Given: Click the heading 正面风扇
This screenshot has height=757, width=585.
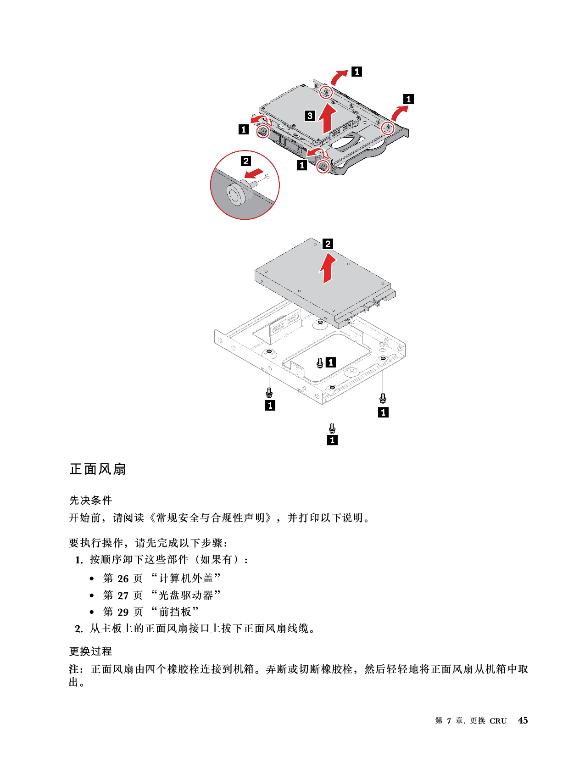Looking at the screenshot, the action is tap(98, 469).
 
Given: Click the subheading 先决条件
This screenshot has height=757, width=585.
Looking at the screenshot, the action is tap(90, 500).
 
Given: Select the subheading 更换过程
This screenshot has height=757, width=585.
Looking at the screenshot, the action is tap(90, 651).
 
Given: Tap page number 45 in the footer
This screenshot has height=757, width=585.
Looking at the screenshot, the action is tap(523, 720).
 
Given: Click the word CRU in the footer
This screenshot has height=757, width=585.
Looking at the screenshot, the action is tap(498, 721).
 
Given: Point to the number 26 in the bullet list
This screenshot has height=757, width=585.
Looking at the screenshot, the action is tap(123, 579).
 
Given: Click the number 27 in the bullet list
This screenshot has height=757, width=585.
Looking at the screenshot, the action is tap(123, 596).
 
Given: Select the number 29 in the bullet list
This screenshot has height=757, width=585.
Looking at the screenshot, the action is tap(123, 612).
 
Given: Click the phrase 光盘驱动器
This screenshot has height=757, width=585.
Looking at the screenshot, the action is tap(186, 595).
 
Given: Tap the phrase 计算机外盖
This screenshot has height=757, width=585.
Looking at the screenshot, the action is tap(186, 578).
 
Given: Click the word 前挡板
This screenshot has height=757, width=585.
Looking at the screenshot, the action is tap(175, 612).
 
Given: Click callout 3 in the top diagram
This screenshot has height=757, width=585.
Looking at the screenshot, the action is tap(310, 116).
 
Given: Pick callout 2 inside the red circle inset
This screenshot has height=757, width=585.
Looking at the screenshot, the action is tap(245, 161).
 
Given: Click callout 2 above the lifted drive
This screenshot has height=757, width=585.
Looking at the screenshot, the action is tap(328, 244).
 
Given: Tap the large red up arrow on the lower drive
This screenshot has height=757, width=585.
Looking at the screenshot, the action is tap(327, 268).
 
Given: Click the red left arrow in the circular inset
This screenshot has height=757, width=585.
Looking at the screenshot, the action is tap(254, 173).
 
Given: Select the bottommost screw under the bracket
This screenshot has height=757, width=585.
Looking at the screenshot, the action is tap(332, 428).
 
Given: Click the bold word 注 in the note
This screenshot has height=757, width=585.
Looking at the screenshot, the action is tap(74, 669).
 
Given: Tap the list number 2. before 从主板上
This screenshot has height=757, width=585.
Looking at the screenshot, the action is tap(79, 629).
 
